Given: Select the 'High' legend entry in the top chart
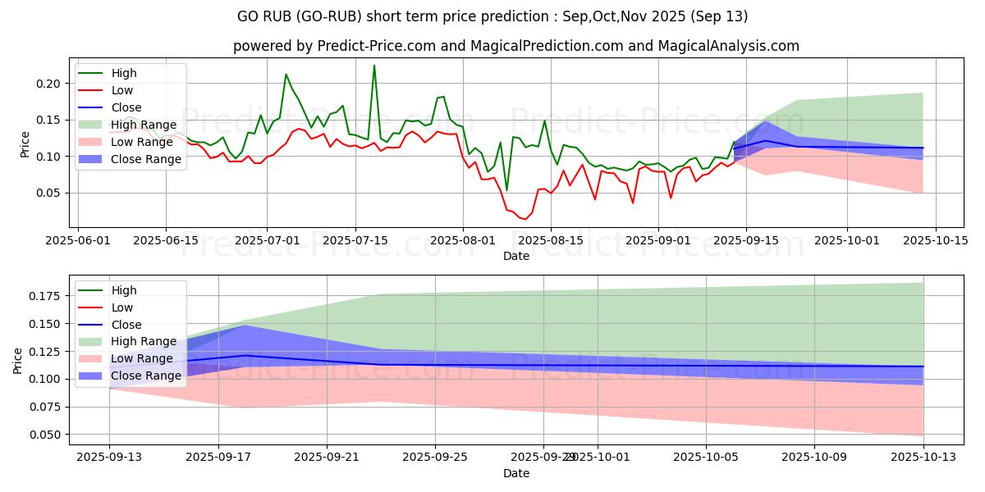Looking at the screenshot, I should pos(123,73).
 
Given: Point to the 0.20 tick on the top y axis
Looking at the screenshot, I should pos(48,84).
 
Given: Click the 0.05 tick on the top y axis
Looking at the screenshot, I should pos(48,193).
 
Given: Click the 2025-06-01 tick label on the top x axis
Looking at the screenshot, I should pos(78,240).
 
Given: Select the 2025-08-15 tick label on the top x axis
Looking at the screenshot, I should pos(551,240).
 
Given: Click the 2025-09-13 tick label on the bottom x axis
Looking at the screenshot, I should pos(109,458).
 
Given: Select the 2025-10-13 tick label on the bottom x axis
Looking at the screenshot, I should pos(923,458).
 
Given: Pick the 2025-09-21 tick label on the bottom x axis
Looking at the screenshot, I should pos(327,458).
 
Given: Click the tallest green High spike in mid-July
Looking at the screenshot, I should pos(374,66).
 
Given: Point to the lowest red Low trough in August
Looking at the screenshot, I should pos(525,219).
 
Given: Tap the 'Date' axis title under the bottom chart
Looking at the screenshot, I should pos(515,474).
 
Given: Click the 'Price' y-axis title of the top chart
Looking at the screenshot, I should pos(25,144).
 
